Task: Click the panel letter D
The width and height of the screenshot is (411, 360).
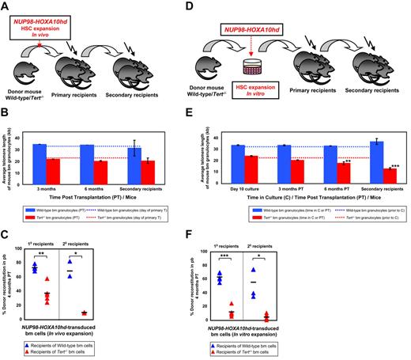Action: [213, 6]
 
